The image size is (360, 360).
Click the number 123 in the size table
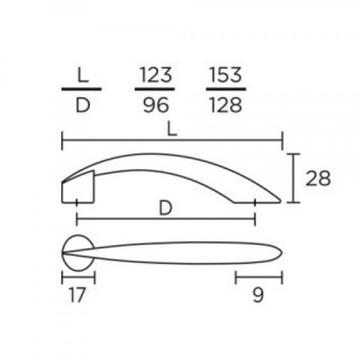[155, 75]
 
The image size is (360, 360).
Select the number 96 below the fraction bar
[156, 105]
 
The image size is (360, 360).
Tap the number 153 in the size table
[226, 75]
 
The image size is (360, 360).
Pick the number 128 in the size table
[226, 105]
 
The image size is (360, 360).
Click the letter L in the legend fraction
[82, 75]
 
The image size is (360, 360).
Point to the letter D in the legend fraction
[83, 105]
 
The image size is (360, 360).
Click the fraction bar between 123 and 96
[155, 89]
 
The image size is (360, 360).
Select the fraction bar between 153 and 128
[226, 89]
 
